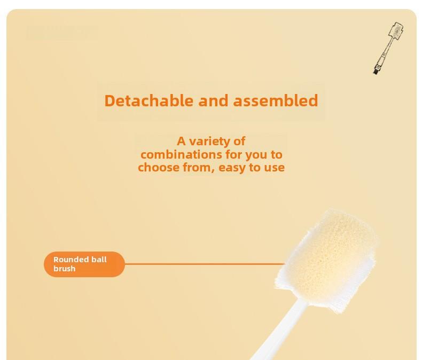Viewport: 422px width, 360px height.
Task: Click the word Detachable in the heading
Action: click(149, 100)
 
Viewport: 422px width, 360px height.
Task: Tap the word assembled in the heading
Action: click(276, 100)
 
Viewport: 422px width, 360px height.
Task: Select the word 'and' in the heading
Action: click(213, 100)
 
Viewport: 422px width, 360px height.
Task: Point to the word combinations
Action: click(182, 155)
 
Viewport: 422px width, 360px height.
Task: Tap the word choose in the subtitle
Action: click(159, 168)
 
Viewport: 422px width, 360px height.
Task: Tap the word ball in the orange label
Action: click(99, 260)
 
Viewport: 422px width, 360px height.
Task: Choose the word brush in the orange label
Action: click(64, 269)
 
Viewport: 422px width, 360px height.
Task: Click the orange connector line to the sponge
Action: click(205, 264)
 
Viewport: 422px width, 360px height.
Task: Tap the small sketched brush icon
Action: click(388, 49)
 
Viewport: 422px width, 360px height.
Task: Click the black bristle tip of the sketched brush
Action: click(376, 71)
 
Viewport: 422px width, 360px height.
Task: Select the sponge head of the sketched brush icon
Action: click(396, 33)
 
